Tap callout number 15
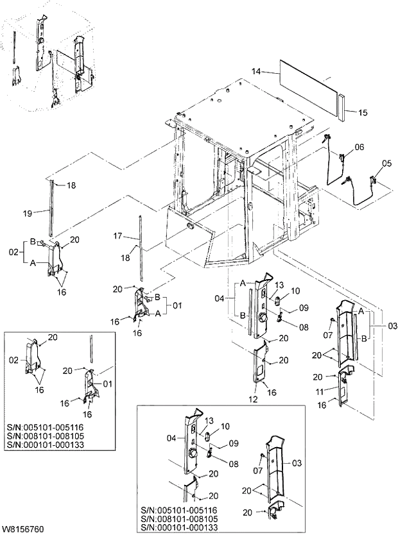tap(363, 113)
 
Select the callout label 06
tap(359, 147)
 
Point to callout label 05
tap(386, 164)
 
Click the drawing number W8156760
tap(23, 530)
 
